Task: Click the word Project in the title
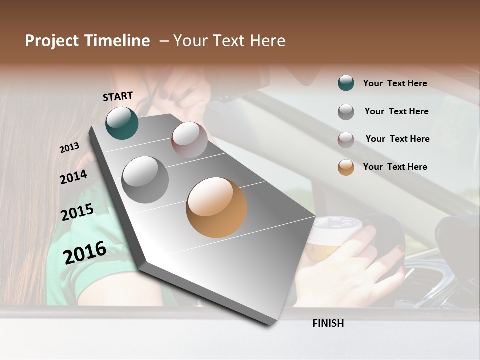click(x=52, y=41)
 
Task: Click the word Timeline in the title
click(x=116, y=41)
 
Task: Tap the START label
click(x=118, y=96)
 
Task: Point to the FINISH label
click(x=328, y=323)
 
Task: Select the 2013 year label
click(x=69, y=148)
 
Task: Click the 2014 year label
click(x=73, y=177)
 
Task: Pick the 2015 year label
click(x=77, y=212)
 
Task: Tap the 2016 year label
click(x=85, y=252)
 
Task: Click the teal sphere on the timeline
click(x=122, y=123)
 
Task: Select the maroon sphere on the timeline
click(x=189, y=140)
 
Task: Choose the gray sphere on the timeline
click(x=145, y=180)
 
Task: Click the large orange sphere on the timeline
click(x=216, y=207)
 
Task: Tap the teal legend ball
click(x=346, y=83)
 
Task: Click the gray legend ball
click(x=346, y=111)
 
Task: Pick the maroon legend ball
click(x=346, y=139)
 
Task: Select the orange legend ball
click(x=346, y=167)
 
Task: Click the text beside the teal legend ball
click(x=395, y=83)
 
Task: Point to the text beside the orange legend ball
click(x=395, y=167)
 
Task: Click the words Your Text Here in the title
click(x=229, y=41)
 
